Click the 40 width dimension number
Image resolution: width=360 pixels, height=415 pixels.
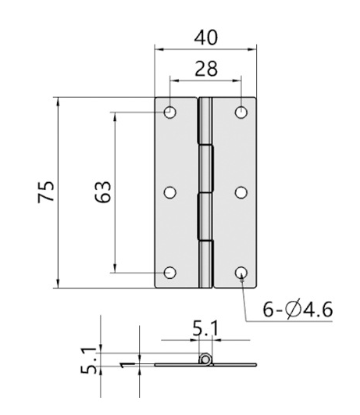tap(206, 38)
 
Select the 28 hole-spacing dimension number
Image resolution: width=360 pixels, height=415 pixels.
tap(206, 69)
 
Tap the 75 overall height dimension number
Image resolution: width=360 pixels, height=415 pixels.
tap(46, 192)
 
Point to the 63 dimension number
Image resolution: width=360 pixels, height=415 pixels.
tap(103, 192)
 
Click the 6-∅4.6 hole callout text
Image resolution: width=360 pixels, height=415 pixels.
tap(298, 309)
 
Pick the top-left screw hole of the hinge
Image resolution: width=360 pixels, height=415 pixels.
tap(169, 113)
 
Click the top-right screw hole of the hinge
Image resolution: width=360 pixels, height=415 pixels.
tap(241, 113)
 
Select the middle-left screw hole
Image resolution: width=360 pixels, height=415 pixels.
tap(169, 192)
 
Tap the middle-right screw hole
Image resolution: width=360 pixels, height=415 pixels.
tap(241, 192)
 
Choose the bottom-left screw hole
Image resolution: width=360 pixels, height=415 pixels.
tap(169, 273)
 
